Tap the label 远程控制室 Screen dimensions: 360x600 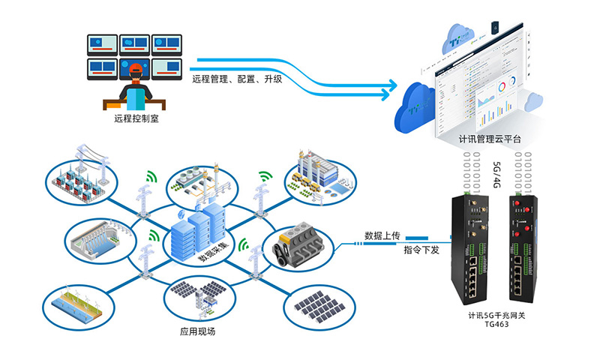click(x=136, y=118)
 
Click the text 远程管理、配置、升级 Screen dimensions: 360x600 click(x=237, y=79)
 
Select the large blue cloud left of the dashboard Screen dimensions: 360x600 click(x=418, y=105)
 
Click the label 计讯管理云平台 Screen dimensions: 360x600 click(x=490, y=139)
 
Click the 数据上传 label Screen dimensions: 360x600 click(x=382, y=235)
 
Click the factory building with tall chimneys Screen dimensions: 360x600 click(x=316, y=173)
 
